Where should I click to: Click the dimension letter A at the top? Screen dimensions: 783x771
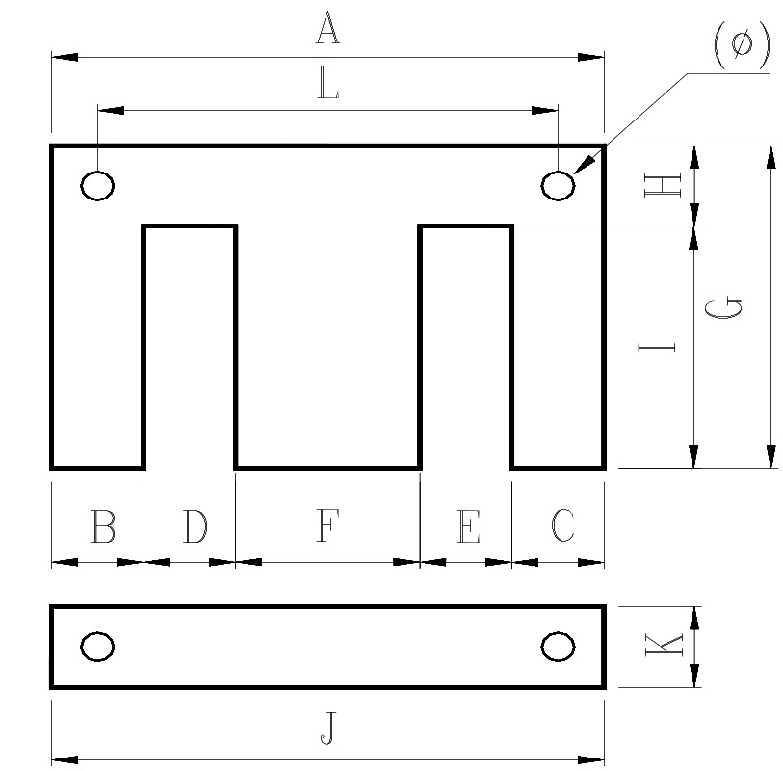point(327,28)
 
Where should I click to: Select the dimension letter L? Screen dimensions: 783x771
point(328,83)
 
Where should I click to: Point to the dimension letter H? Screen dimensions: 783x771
point(663,185)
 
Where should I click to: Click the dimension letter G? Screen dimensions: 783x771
point(722,308)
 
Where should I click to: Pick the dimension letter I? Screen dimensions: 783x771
point(657,347)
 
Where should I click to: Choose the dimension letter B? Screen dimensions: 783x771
point(103,525)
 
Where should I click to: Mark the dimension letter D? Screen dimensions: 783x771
point(195,525)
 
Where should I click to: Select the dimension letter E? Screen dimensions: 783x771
point(468,526)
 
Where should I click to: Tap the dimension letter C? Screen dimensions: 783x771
point(562,525)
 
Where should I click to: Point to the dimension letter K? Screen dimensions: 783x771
point(664,645)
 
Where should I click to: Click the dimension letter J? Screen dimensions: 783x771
point(328,729)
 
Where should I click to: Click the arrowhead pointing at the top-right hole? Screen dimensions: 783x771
point(584,165)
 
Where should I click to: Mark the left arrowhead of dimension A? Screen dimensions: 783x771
point(65,57)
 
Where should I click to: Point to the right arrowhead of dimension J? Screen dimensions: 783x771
point(590,760)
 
